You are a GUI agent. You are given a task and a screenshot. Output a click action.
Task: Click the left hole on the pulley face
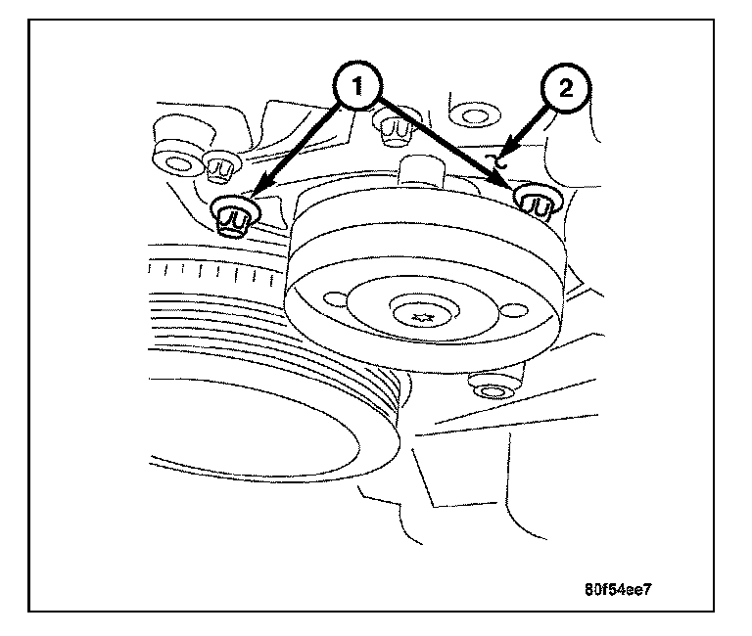click(x=335, y=298)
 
